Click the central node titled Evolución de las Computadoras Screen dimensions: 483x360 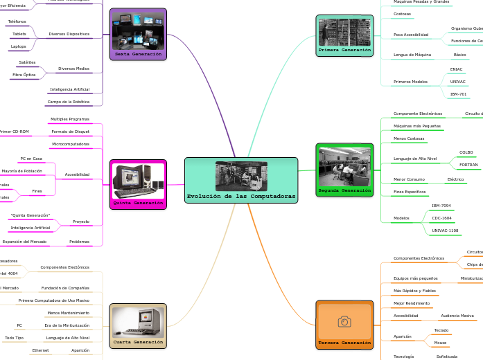(241, 180)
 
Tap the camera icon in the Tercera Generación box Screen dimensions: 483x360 (344, 322)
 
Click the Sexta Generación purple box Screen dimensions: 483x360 (138, 34)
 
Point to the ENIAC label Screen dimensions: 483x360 (456, 69)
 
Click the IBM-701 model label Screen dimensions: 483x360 (458, 93)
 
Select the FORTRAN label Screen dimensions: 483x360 (468, 165)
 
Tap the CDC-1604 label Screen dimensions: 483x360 (441, 217)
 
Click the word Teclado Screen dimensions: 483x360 (441, 330)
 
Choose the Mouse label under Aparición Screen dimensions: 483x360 (440, 343)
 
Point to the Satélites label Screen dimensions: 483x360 (28, 62)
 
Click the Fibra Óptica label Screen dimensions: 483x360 (24, 75)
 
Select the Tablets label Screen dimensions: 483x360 (19, 33)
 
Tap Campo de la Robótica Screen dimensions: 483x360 (68, 102)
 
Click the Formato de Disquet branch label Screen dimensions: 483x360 (70, 132)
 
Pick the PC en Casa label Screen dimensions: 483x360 (31, 159)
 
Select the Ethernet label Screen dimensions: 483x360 (40, 350)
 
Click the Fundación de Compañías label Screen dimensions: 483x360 (65, 288)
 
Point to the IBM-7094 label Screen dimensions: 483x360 (441, 206)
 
